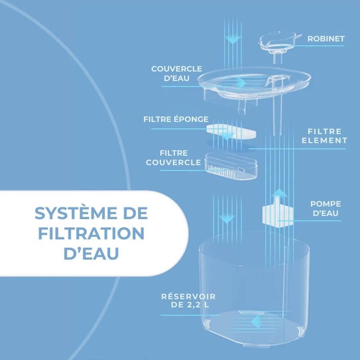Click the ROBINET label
click(326, 39)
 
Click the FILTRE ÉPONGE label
click(176, 120)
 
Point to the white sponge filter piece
click(231, 133)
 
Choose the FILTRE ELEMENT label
click(328, 136)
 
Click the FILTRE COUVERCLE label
click(173, 158)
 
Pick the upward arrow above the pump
click(280, 195)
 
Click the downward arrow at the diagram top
click(232, 39)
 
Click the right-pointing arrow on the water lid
click(242, 83)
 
